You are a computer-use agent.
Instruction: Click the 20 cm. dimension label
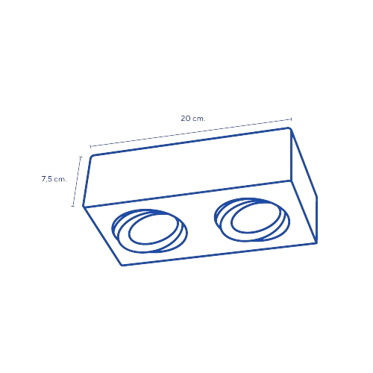pyautogui.click(x=193, y=119)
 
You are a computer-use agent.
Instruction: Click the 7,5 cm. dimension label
pyautogui.click(x=54, y=179)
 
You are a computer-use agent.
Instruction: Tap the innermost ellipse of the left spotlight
pyautogui.click(x=154, y=229)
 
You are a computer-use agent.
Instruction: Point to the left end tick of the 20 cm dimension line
pyautogui.click(x=90, y=146)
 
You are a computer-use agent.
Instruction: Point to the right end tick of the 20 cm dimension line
pyautogui.click(x=291, y=119)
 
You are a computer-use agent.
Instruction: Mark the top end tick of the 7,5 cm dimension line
pyautogui.click(x=81, y=157)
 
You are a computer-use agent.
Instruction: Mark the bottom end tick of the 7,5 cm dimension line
pyautogui.click(x=73, y=206)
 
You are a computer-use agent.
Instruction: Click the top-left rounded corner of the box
pyautogui.click(x=92, y=157)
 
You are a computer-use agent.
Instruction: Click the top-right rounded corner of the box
pyautogui.click(x=289, y=128)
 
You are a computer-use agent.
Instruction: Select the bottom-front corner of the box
pyautogui.click(x=122, y=266)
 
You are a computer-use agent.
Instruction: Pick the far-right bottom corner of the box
pyautogui.click(x=316, y=242)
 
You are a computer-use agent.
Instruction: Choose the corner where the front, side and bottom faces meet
pyautogui.click(x=291, y=181)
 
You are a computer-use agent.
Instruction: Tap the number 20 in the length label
pyautogui.click(x=186, y=119)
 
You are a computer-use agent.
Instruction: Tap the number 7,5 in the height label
pyautogui.click(x=46, y=179)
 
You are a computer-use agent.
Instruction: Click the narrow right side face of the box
pyautogui.click(x=304, y=186)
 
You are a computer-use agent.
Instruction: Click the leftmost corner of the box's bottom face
pyautogui.click(x=83, y=206)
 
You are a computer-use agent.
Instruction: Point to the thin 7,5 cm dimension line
pyautogui.click(x=77, y=181)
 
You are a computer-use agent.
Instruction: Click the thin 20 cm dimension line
pyautogui.click(x=191, y=133)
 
